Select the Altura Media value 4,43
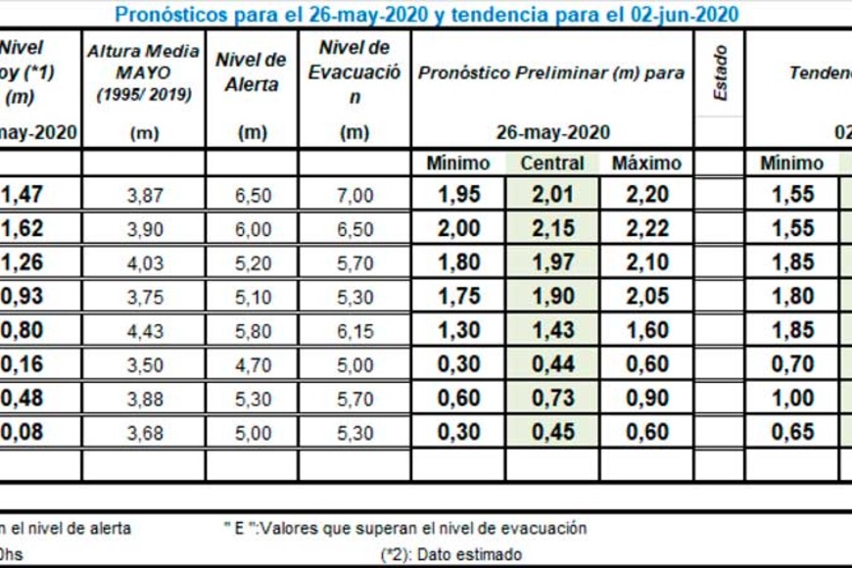click(145, 331)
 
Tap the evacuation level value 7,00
click(355, 195)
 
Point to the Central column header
click(551, 164)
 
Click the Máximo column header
click(645, 164)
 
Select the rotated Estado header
click(721, 74)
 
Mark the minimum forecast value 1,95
click(458, 194)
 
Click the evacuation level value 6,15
click(355, 331)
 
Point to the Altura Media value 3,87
click(145, 195)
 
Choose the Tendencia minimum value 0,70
click(792, 364)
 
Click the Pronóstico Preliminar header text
click(551, 73)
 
